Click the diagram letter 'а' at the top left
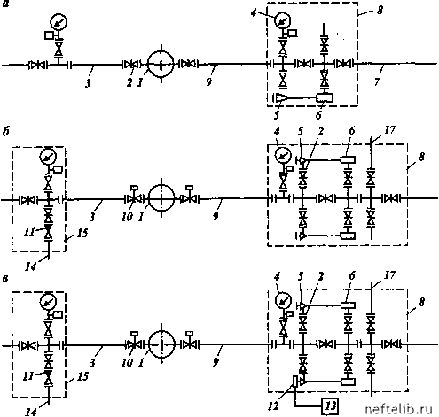click(x=6, y=4)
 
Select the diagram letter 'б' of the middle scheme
click(x=6, y=131)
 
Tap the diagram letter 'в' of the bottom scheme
click(x=5, y=279)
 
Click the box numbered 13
click(x=330, y=405)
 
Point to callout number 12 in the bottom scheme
click(x=273, y=406)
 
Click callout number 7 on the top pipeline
click(x=377, y=81)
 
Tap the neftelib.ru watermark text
click(x=398, y=409)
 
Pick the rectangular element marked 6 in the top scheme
click(x=325, y=97)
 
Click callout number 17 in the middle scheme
click(x=389, y=129)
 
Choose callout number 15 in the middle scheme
click(x=82, y=233)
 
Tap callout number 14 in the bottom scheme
click(x=30, y=412)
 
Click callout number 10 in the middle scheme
click(x=127, y=217)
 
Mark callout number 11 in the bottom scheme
click(x=29, y=376)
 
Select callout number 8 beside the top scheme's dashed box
click(x=380, y=11)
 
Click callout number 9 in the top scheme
click(x=209, y=81)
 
